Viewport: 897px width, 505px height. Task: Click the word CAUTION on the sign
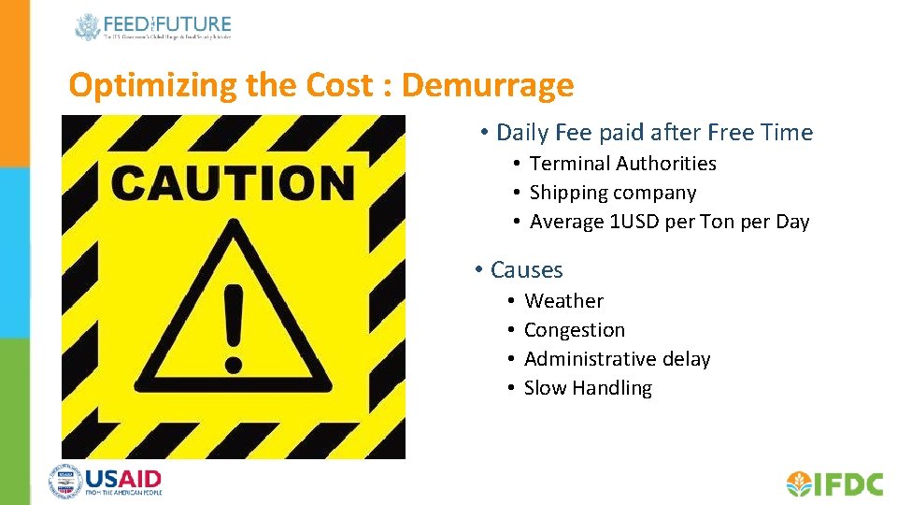[x=233, y=183]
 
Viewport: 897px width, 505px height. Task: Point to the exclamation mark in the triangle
[x=233, y=327]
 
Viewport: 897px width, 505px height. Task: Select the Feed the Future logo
[x=153, y=27]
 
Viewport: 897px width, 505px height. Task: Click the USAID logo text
[x=123, y=481]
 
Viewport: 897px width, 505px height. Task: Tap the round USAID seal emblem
[x=65, y=482]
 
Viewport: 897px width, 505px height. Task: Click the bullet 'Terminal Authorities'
[x=622, y=164]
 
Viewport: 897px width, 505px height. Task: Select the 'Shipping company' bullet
[x=612, y=193]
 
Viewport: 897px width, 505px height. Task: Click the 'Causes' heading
[x=526, y=270]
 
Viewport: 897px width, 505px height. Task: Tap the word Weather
[x=563, y=301]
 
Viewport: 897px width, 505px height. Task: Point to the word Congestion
[x=574, y=330]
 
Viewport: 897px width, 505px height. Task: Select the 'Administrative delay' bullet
[x=617, y=359]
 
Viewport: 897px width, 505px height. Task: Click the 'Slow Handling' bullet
[x=588, y=388]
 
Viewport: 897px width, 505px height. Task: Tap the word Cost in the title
[x=336, y=86]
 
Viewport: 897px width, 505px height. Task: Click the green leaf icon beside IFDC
[x=799, y=483]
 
